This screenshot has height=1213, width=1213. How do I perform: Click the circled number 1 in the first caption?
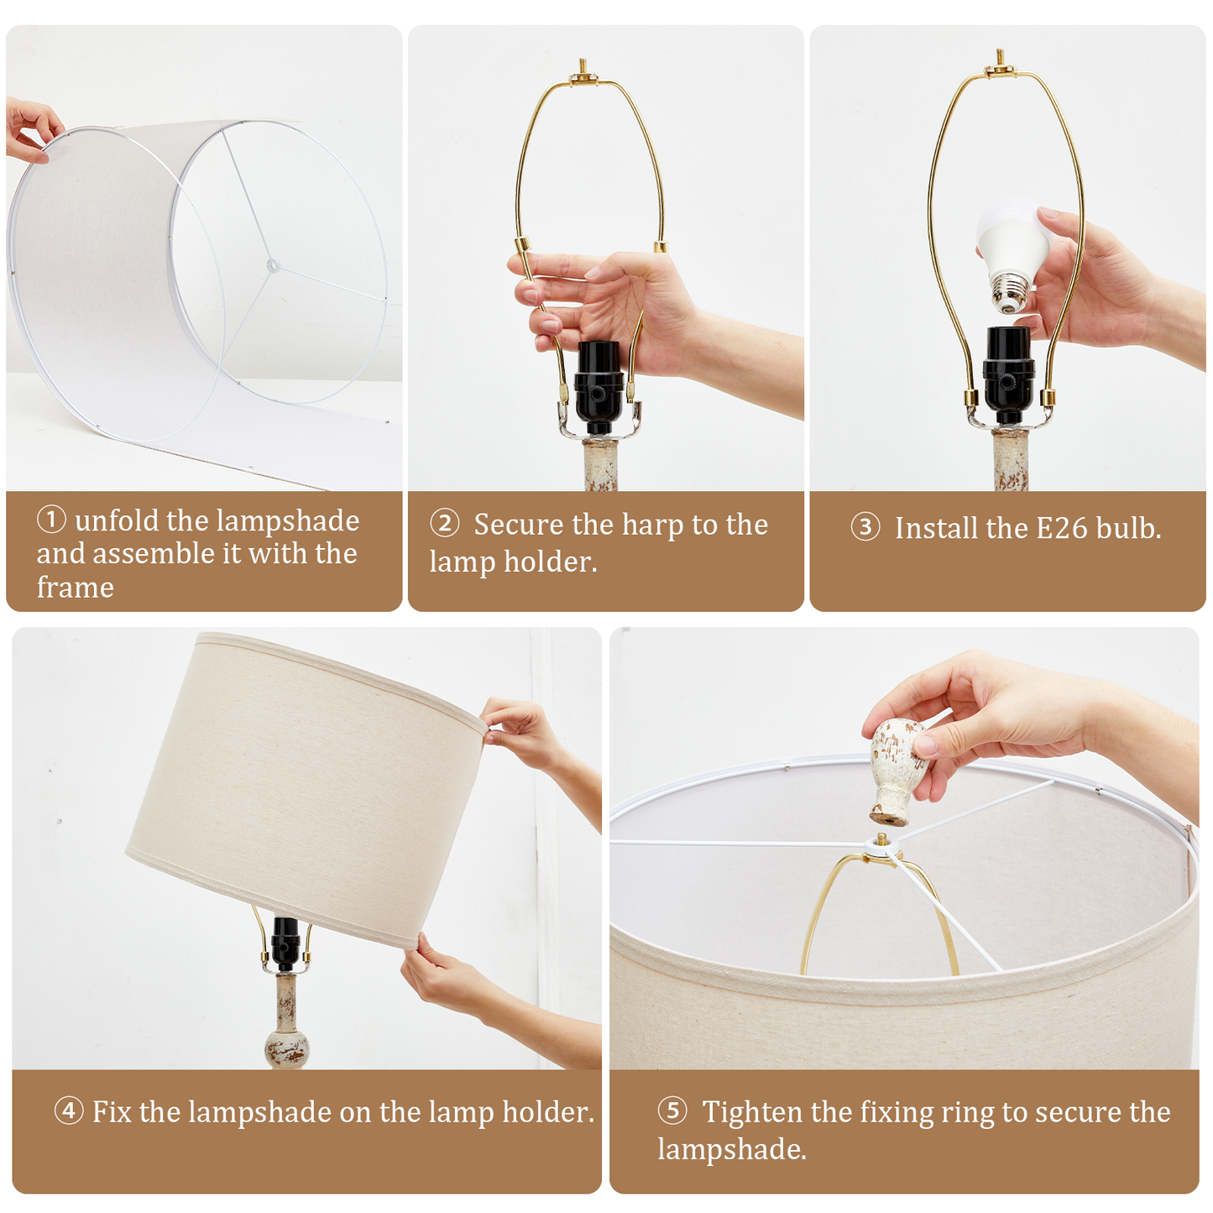pos(51,520)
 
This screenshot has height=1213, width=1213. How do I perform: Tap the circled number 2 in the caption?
pos(444,524)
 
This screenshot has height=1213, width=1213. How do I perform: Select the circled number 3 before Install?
pos(865,527)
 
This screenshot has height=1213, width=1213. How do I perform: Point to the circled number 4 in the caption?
pos(69,1111)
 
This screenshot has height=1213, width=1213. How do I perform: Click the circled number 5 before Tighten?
pos(672,1111)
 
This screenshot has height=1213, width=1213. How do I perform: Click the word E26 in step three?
pos(1062,528)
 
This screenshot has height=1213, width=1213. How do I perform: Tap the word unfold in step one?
pos(117,520)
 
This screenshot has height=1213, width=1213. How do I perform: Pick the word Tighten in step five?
pos(753,1111)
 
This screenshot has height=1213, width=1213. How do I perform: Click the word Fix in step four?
pos(112,1111)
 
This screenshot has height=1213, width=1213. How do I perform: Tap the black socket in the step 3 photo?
pos(1007,373)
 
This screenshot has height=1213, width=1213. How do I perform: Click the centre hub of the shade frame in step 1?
pos(272,266)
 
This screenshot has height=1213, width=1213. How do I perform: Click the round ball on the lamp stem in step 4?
pos(287,1047)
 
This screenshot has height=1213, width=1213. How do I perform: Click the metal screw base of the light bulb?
pos(1010,293)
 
